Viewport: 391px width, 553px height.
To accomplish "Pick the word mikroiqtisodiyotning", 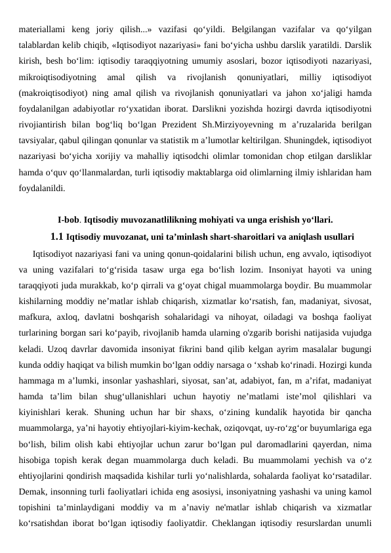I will [58, 77].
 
